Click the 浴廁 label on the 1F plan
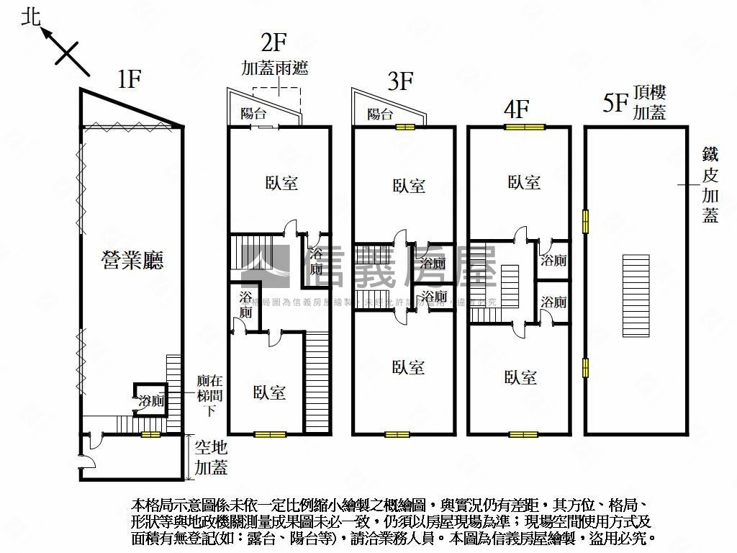coord(152,401)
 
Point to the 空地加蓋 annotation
coord(211,457)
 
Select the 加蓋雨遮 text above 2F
coord(274,68)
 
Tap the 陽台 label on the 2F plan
coord(253,113)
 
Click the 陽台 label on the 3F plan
coord(379,114)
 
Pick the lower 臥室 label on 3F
coord(408,367)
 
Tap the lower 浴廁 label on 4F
coord(553,302)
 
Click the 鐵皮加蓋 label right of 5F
coord(710,185)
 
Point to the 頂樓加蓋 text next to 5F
coord(649,102)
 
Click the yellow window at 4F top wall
coord(525,127)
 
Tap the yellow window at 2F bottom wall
coord(270,434)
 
